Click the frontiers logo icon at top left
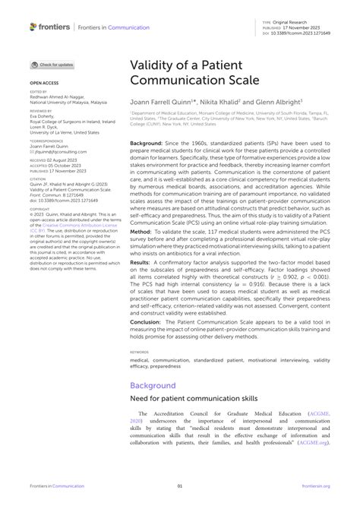(x=33, y=27)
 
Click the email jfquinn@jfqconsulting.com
(x=53, y=152)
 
